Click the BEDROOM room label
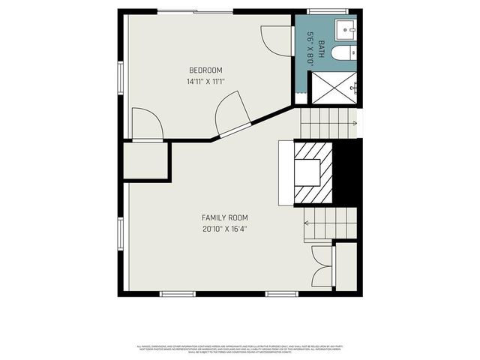[x=206, y=70]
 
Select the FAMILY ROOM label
[x=225, y=217]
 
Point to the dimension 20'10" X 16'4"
[x=225, y=229]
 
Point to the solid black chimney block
[x=346, y=172]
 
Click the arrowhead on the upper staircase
[x=354, y=123]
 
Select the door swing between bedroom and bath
[x=273, y=39]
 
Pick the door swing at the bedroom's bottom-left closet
[x=146, y=124]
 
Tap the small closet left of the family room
[x=145, y=161]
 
